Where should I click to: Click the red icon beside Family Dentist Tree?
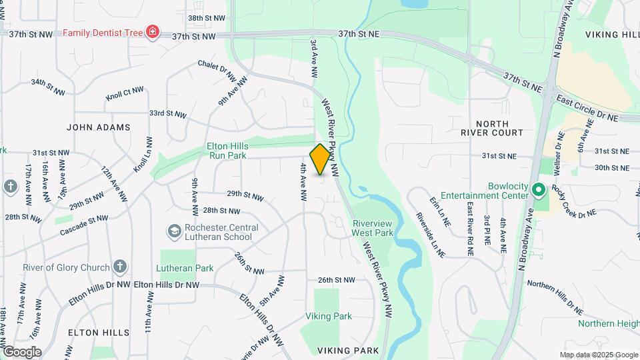point(153,32)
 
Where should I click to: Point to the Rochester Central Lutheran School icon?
point(174,231)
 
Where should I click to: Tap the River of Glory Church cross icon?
point(119,267)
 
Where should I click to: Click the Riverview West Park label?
point(373,228)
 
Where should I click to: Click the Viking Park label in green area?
point(329,316)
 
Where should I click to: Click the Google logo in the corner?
point(22,351)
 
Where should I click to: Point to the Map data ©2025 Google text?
point(598,355)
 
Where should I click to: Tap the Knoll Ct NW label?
point(124,93)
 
